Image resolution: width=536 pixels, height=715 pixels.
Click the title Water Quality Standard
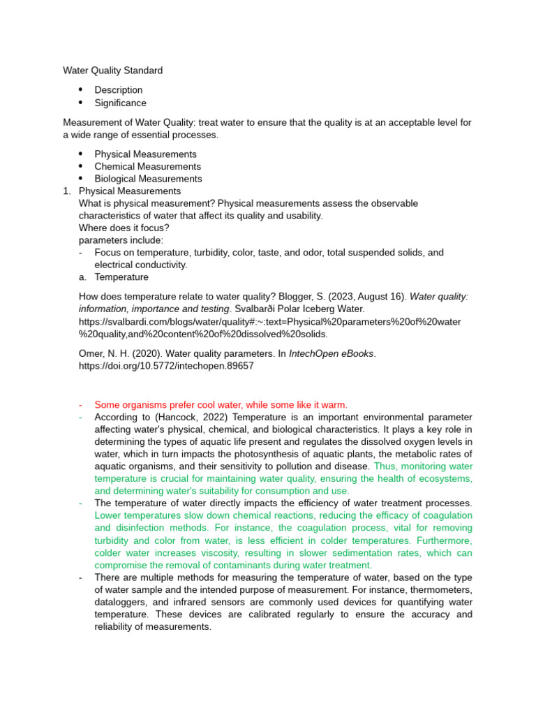pyautogui.click(x=112, y=71)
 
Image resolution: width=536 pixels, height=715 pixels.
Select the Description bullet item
pyautogui.click(x=118, y=90)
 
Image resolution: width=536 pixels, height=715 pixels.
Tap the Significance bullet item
pyautogui.click(x=120, y=103)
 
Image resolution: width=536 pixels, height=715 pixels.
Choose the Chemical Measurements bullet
pyautogui.click(x=147, y=166)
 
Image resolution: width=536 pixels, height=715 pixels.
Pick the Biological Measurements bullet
pyautogui.click(x=148, y=179)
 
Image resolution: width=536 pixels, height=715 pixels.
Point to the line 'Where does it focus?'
pyautogui.click(x=124, y=228)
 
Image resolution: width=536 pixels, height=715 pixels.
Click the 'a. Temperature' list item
pyautogui.click(x=121, y=277)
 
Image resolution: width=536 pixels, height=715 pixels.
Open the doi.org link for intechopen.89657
pyautogui.click(x=166, y=365)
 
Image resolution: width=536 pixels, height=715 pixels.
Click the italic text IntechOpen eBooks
pyautogui.click(x=332, y=353)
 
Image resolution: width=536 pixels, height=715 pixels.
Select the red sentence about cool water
pyautogui.click(x=221, y=405)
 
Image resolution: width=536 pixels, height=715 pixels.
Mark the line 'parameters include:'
pyautogui.click(x=121, y=240)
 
